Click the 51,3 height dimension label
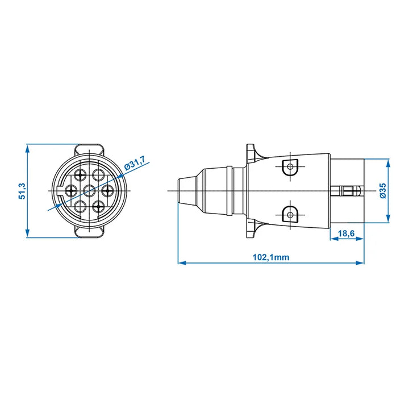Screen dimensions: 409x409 22,191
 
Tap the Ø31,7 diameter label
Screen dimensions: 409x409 135,163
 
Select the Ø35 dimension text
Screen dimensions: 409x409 383,191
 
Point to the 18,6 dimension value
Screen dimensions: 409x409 346,233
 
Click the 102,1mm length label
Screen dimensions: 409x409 271,257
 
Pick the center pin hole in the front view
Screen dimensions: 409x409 90,191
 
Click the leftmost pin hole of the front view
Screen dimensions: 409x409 70,191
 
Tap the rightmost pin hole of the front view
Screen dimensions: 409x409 107,191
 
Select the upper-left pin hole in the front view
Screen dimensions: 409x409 80,174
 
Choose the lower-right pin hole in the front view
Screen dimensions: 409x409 98,207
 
